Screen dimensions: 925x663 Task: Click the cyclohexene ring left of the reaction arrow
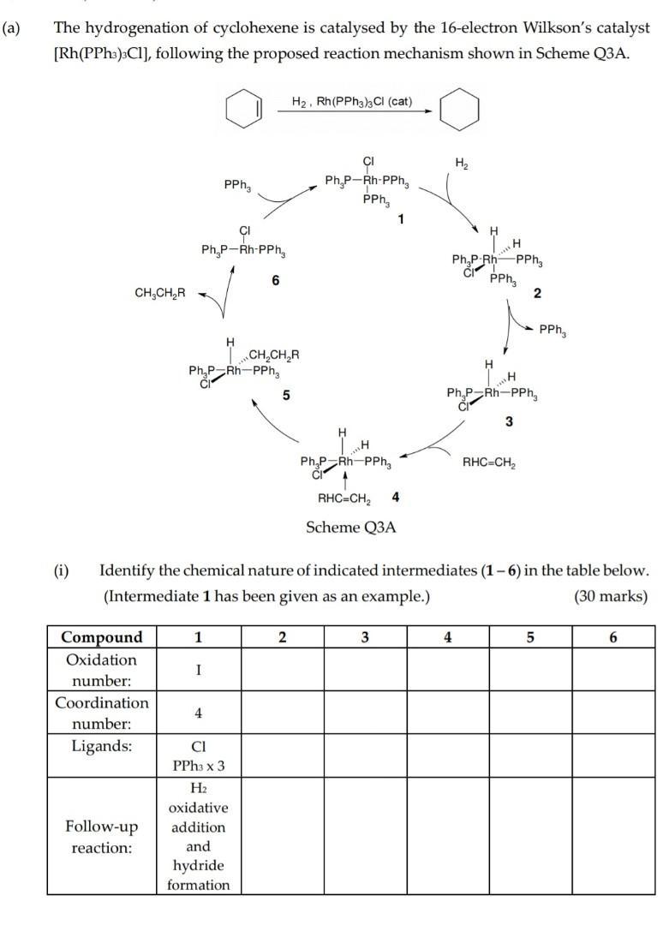[x=243, y=112]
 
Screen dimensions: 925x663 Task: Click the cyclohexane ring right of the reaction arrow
[x=458, y=112]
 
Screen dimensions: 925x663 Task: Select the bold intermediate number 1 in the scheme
[x=399, y=219]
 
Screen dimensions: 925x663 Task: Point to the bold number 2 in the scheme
[x=536, y=294]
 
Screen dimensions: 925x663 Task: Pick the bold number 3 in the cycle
[x=510, y=421]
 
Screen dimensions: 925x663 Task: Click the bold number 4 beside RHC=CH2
[x=395, y=497]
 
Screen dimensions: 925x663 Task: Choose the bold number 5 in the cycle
[x=286, y=395]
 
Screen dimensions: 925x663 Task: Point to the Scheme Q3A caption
[x=351, y=528]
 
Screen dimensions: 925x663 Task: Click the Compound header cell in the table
[x=102, y=637]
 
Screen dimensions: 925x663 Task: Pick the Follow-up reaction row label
[x=102, y=837]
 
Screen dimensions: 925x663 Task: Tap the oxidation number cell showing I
[x=198, y=671]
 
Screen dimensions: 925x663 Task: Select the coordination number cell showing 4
[x=198, y=713]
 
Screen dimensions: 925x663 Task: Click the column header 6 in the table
[x=612, y=637]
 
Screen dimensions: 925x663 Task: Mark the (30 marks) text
[x=611, y=596]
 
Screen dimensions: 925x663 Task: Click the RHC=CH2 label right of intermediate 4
[x=489, y=463]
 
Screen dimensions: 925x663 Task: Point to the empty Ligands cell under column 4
[x=448, y=755]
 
